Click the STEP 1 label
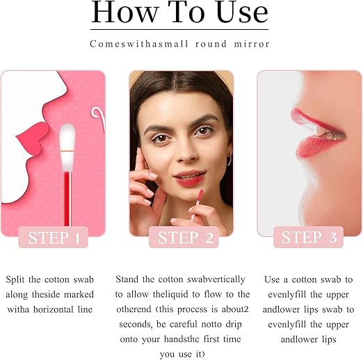[54, 238]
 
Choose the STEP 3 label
[309, 238]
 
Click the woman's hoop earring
[229, 159]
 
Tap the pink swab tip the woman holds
[200, 196]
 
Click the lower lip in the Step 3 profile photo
[318, 147]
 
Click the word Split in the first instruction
[15, 279]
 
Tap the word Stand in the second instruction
[127, 279]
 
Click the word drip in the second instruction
[234, 325]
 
